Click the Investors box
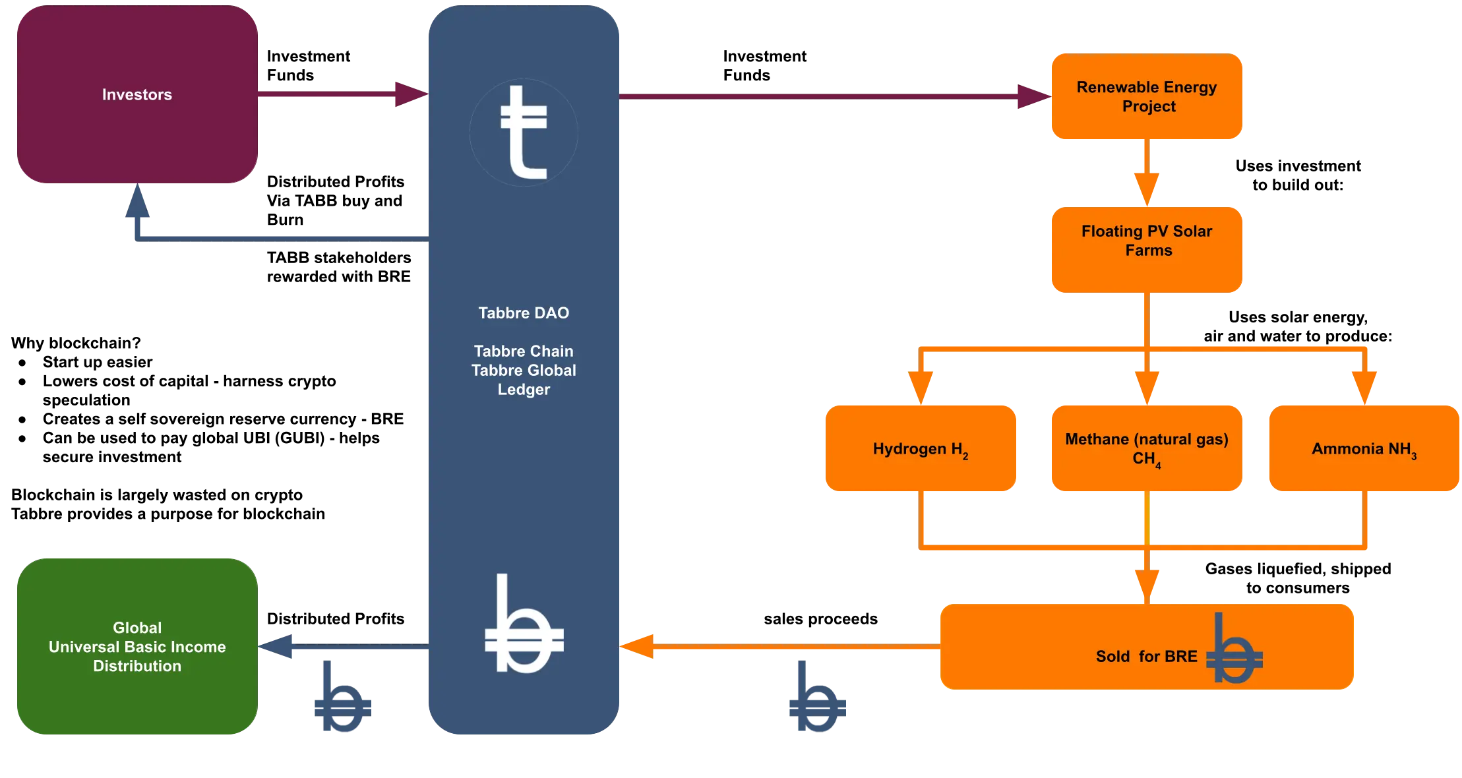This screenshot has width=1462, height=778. click(x=137, y=95)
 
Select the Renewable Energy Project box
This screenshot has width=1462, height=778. click(x=1146, y=96)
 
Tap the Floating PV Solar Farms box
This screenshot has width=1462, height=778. click(x=1146, y=249)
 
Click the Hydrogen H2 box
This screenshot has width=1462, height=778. click(x=920, y=448)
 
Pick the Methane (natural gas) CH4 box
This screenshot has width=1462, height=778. click(x=1146, y=448)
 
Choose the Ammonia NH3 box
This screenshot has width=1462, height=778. click(x=1363, y=448)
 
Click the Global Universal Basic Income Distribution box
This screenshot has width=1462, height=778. click(x=137, y=646)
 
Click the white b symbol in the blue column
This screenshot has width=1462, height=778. click(x=523, y=626)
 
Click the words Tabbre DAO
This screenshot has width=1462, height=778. click(x=524, y=313)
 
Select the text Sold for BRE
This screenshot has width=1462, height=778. click(x=1146, y=656)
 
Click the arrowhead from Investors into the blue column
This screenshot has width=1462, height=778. click(x=409, y=94)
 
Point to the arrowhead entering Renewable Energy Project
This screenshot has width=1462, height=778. click(x=1030, y=96)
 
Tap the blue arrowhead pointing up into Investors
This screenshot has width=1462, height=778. click(x=137, y=203)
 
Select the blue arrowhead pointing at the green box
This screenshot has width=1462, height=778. click(x=278, y=646)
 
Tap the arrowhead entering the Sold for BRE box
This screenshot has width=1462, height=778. click(x=1146, y=584)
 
